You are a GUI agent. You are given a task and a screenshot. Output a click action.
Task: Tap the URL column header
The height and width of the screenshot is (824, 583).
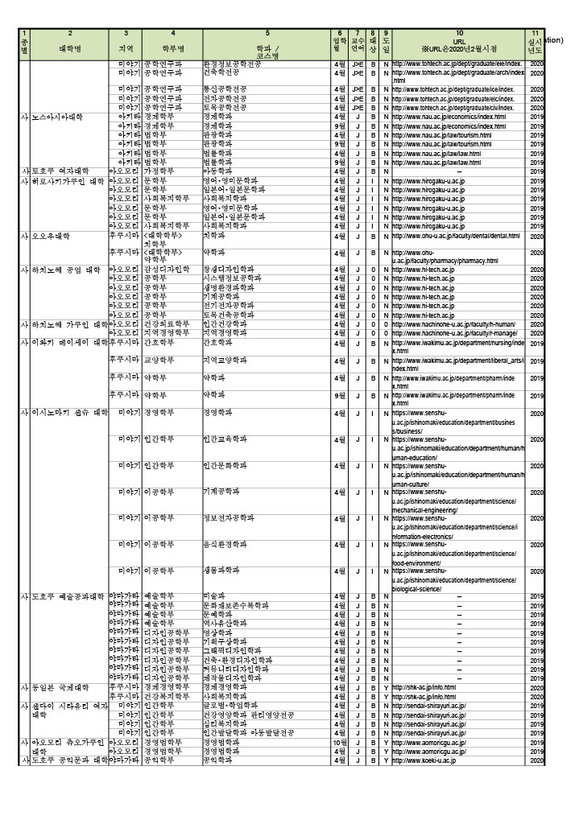click(459, 40)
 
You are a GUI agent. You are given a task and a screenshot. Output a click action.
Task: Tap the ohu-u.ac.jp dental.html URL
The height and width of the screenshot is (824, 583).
click(456, 236)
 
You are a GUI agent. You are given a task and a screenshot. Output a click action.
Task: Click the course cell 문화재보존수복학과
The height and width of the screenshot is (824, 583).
click(234, 605)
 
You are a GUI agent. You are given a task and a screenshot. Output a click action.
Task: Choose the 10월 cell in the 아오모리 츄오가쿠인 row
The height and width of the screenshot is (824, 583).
click(340, 742)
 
